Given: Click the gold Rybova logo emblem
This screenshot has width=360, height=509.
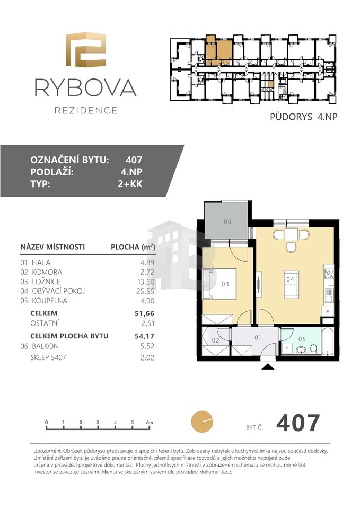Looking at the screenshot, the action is [x=86, y=50].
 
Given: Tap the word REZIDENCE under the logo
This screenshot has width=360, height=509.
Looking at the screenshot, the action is [x=86, y=111].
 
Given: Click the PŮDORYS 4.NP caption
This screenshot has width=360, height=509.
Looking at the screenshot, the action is [x=303, y=117].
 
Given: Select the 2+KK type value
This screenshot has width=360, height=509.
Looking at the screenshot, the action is [x=130, y=184].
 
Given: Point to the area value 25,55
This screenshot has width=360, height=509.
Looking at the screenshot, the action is [x=145, y=291].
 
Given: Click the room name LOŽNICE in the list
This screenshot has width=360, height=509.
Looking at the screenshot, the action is [x=46, y=282].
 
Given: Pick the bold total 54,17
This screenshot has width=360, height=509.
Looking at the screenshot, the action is [x=144, y=336].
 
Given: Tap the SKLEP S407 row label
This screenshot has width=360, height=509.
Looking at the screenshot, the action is [x=48, y=357].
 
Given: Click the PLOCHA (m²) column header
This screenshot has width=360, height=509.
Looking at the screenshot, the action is [x=133, y=247].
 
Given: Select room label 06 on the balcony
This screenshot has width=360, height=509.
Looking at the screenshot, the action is [x=227, y=222].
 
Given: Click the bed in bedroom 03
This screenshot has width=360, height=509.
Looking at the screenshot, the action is [x=219, y=284].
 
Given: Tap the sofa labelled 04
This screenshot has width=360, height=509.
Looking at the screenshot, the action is [x=291, y=284].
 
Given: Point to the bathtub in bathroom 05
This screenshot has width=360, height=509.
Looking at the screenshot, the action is [x=328, y=341].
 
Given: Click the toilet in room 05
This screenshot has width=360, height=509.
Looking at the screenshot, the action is [x=313, y=349].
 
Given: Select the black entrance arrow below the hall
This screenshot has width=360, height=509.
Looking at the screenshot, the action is [x=268, y=366].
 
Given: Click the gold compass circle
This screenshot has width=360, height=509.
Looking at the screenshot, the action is [x=202, y=422].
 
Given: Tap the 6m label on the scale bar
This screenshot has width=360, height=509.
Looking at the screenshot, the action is [x=150, y=423].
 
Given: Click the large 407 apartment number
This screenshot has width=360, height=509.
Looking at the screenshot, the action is [x=298, y=423].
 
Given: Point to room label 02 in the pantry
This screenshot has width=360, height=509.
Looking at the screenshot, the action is [x=216, y=340].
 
